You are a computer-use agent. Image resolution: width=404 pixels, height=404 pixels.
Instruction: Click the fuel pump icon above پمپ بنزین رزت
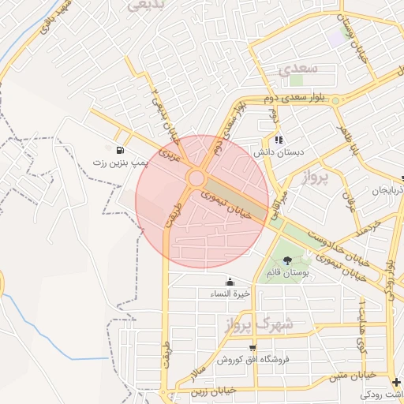pos(119,151)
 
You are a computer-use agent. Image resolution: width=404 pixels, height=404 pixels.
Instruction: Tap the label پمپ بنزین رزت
pos(120,163)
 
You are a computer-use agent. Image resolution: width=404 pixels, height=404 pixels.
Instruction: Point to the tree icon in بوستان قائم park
pos(286,260)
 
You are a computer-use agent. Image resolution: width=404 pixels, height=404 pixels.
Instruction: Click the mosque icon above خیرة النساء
pos(230,282)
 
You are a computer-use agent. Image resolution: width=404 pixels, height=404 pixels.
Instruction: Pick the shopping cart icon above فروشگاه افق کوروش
pos(252,347)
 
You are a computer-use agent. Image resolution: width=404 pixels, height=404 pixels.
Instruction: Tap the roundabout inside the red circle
pos(196,179)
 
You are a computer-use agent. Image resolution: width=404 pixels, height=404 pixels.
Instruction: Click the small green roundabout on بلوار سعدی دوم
pos(335,100)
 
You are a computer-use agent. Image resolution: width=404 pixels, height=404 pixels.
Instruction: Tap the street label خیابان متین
pos(366,376)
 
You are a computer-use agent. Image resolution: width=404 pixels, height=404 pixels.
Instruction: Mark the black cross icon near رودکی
pos(395,383)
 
